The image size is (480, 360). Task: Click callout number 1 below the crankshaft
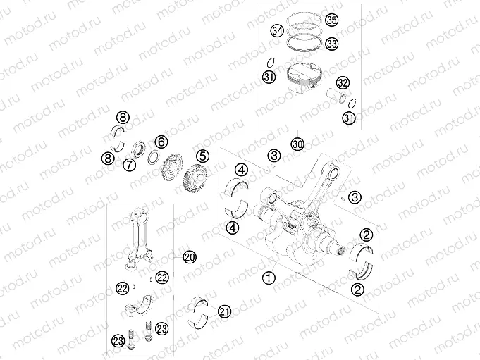click(267, 278)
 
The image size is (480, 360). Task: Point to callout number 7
click(129, 165)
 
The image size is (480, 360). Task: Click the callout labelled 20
click(189, 257)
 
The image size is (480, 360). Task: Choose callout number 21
click(225, 311)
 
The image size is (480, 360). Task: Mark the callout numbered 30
click(297, 144)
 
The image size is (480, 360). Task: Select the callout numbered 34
click(277, 31)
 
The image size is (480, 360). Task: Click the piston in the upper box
click(304, 78)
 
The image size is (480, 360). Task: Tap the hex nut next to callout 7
click(140, 149)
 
